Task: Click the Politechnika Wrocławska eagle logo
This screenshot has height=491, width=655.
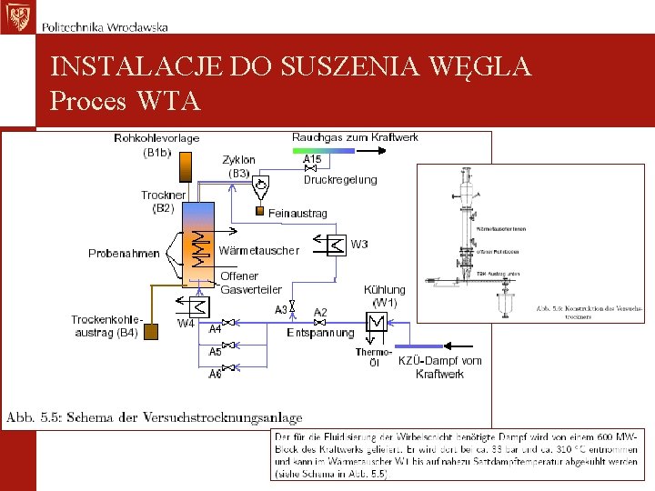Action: pos(17,17)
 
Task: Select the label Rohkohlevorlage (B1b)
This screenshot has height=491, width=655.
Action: pos(156,145)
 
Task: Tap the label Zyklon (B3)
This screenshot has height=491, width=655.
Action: pos(239,165)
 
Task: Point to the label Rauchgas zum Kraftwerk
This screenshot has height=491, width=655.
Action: pos(355,137)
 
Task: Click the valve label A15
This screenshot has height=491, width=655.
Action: pos(312,159)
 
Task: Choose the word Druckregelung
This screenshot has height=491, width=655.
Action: pos(339,180)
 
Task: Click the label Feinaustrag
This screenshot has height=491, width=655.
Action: pos(297,213)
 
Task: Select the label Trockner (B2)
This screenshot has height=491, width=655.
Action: pos(164,202)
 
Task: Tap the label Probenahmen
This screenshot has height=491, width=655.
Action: pos(124,254)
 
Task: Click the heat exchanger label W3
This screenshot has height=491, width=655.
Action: pos(359,244)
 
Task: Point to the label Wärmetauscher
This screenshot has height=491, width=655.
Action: pos(259,251)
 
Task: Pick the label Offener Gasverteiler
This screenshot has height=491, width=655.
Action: pos(251,283)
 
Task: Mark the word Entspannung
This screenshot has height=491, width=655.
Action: pos(320,333)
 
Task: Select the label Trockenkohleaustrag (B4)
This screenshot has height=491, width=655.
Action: pos(106,326)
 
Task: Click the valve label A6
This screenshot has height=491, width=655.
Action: pos(216,374)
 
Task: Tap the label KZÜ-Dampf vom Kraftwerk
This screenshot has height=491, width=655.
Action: pos(440,367)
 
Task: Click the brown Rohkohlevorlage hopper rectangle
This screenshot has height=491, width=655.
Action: pos(186,166)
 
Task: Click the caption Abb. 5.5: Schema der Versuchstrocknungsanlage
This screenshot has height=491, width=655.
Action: pos(155,418)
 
